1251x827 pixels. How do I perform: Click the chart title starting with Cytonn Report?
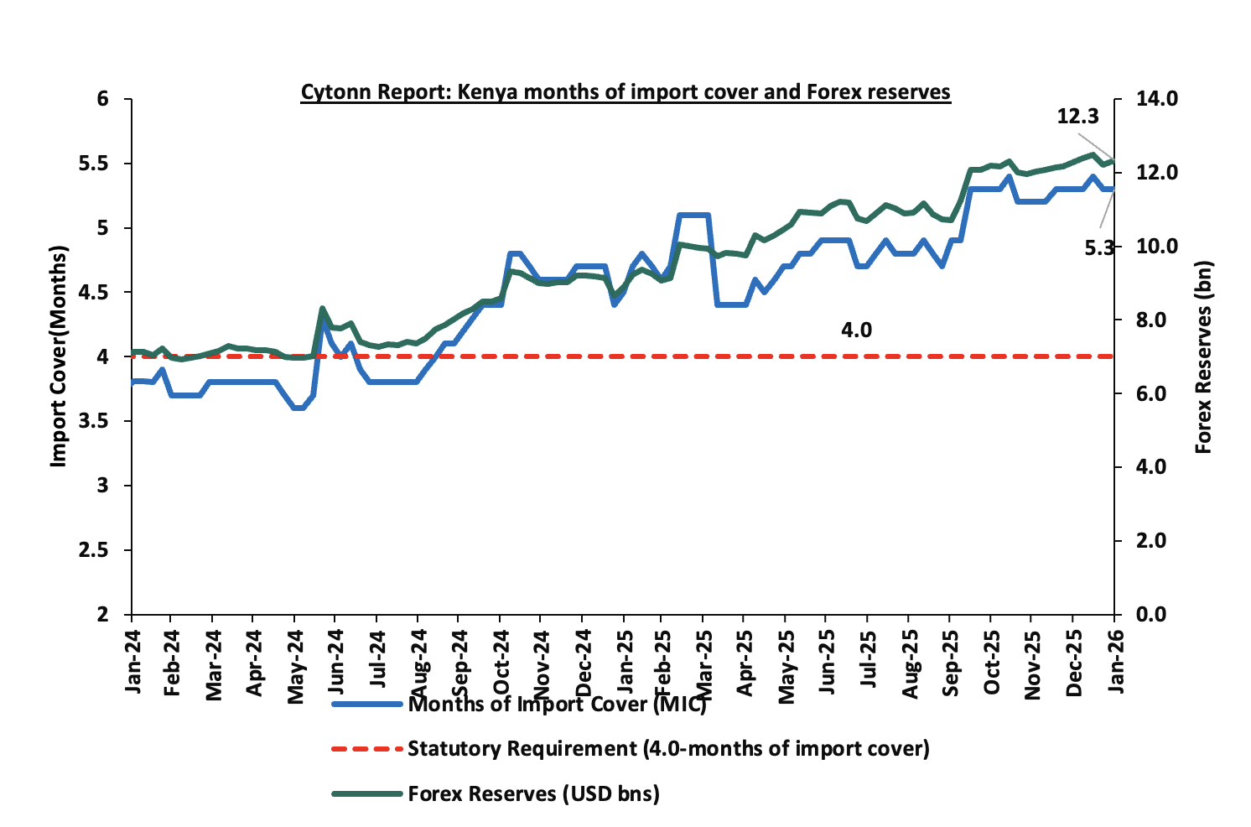click(625, 91)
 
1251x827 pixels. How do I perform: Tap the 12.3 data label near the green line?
click(1077, 117)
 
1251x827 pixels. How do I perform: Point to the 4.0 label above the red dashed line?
click(856, 330)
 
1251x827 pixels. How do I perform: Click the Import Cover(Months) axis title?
click(58, 356)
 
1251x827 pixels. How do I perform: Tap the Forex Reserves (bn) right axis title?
click(1204, 357)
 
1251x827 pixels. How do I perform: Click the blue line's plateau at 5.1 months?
click(693, 216)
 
